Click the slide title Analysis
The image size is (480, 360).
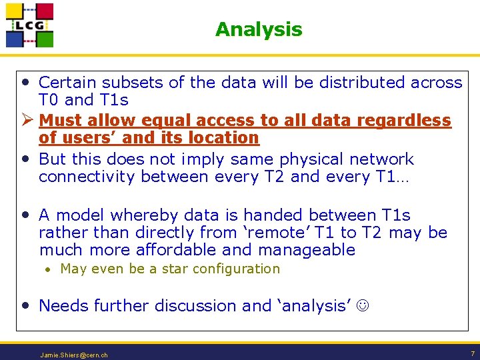pyautogui.click(x=258, y=29)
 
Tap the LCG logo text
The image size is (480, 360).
pyautogui.click(x=29, y=26)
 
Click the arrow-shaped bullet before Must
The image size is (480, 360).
pyautogui.click(x=27, y=121)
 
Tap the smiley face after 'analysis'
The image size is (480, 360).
pyautogui.click(x=363, y=306)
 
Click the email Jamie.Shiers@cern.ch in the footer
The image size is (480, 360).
pyautogui.click(x=74, y=355)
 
